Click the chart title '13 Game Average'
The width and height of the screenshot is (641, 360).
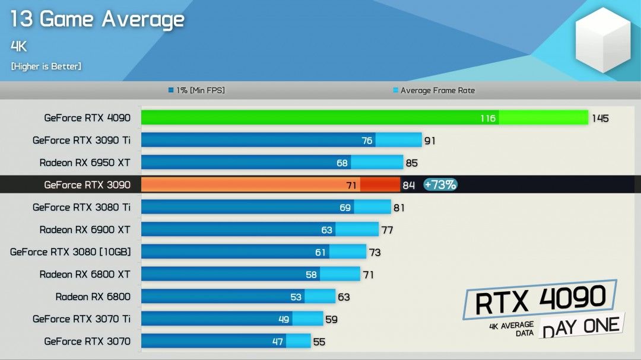[x=97, y=20]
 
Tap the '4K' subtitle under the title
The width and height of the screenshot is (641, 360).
[x=19, y=46]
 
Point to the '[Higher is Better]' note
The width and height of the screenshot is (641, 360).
[x=46, y=66]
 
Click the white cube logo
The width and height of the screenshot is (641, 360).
[x=602, y=40]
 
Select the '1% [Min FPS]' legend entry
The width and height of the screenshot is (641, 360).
[x=196, y=91]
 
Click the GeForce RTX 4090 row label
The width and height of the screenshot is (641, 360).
[x=87, y=118]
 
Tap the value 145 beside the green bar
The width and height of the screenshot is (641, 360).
[x=600, y=119]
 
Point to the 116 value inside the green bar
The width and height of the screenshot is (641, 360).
[x=488, y=119]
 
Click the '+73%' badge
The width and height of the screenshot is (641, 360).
[x=440, y=185]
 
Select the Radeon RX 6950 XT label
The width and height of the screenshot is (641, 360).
[x=85, y=163]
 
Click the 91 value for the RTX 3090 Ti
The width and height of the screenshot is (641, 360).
[x=430, y=141]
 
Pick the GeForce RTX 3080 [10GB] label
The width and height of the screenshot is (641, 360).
[x=70, y=252]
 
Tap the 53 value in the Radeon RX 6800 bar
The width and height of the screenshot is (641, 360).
[x=296, y=297]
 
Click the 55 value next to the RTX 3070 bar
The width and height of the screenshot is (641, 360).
[x=319, y=342]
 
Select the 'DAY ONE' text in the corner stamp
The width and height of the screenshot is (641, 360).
[x=581, y=327]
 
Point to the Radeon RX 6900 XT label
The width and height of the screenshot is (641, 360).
[x=85, y=230]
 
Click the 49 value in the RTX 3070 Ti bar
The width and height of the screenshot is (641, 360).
[x=284, y=320]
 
